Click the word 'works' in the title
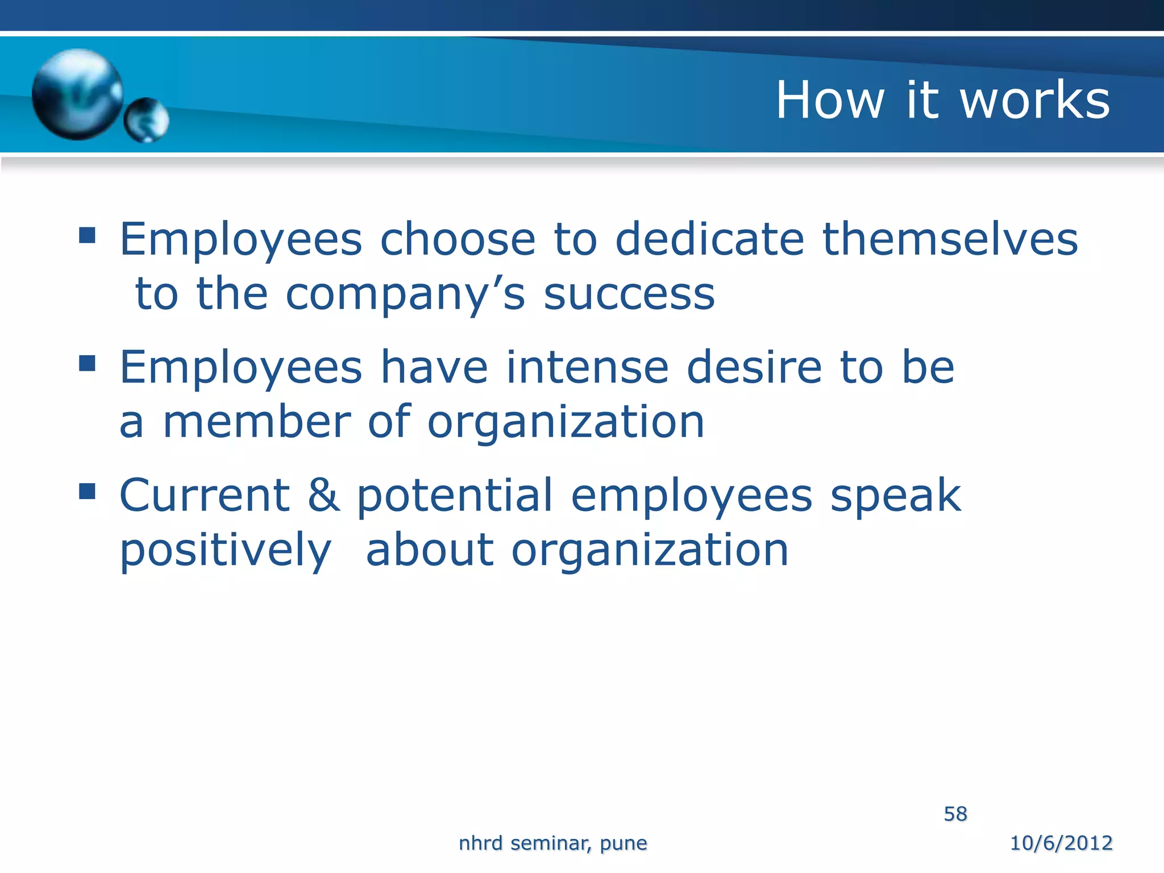(x=1035, y=100)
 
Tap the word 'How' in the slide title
(x=830, y=100)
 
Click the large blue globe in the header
(x=77, y=94)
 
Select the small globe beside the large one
(x=147, y=120)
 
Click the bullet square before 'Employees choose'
(x=87, y=235)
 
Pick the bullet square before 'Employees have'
(x=87, y=363)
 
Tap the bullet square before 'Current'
(x=87, y=490)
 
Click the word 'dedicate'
(x=710, y=239)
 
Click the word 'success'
(x=629, y=295)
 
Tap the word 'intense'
(x=587, y=367)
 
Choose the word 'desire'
(x=754, y=367)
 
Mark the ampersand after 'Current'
(x=324, y=495)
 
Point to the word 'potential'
(x=455, y=495)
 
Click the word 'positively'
(x=226, y=551)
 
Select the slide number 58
(x=955, y=814)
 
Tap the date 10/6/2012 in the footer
(x=1061, y=843)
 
